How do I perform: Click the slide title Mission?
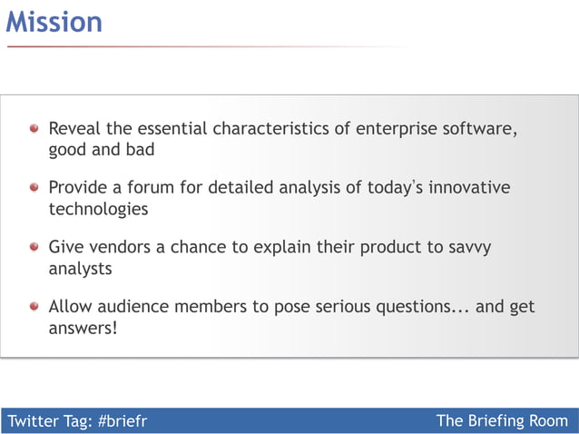tap(54, 21)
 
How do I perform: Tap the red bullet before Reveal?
tap(34, 129)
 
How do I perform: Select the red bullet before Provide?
tap(34, 188)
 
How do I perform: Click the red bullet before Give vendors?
tap(34, 247)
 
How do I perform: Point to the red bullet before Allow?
tap(34, 307)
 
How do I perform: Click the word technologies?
tap(98, 209)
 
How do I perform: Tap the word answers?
tap(83, 328)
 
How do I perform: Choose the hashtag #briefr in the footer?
tap(122, 420)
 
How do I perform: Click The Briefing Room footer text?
tap(502, 420)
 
